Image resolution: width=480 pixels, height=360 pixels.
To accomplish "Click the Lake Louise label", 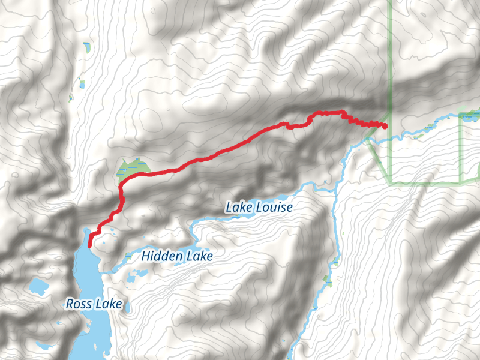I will pos(259,208).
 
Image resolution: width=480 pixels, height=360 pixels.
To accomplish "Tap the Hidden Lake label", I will pos(177,256).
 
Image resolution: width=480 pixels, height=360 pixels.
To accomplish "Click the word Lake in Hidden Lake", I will pos(199,256).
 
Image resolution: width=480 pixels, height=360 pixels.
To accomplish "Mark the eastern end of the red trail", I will pos(384,126).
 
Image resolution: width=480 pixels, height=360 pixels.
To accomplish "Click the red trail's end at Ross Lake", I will pos(89,245).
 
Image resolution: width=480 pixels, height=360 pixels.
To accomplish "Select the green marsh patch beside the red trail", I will pos(132,168).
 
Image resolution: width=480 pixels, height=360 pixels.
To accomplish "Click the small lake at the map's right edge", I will pos(471,115).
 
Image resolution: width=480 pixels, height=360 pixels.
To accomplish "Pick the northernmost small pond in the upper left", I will pos(89,46).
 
